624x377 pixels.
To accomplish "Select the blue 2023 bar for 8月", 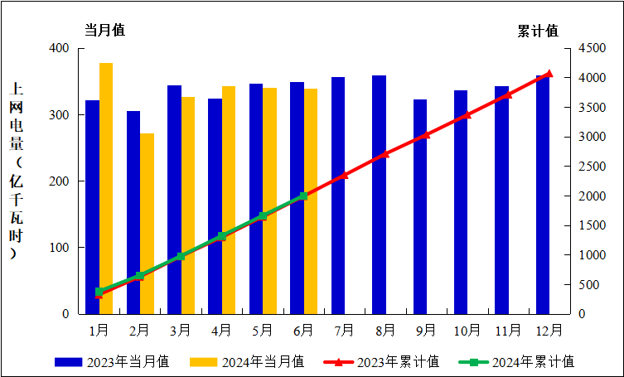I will (x=379, y=195).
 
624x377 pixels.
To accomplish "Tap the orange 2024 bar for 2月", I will (x=147, y=224).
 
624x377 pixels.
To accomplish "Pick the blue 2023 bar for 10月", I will (x=461, y=202).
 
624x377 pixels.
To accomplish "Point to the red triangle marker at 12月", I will (x=549, y=74).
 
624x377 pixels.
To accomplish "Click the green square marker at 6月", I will (x=303, y=196).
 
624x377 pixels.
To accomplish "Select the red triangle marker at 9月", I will (x=426, y=134).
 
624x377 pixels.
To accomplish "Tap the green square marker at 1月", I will (x=99, y=292).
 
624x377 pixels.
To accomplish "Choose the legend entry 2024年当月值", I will (x=246, y=362).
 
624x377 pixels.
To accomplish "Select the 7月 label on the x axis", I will (x=344, y=330).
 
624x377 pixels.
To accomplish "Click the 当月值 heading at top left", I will (x=104, y=30).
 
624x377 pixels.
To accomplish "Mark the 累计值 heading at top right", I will (x=537, y=31).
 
